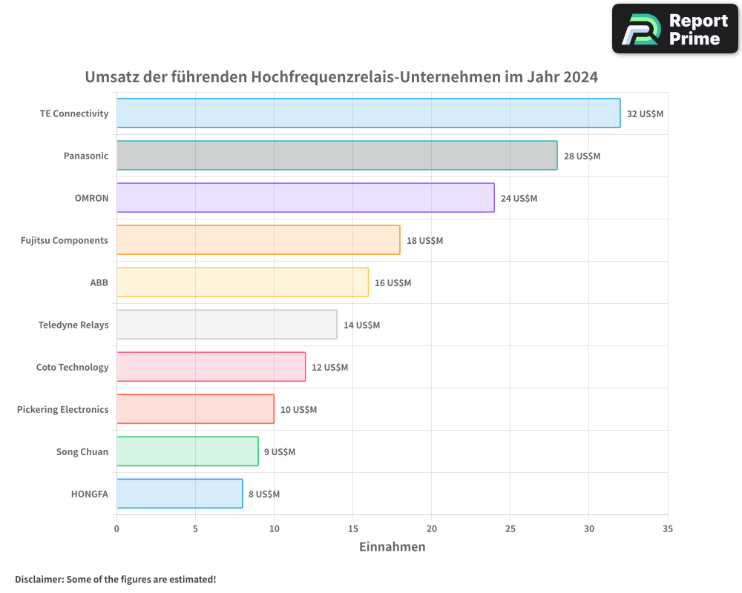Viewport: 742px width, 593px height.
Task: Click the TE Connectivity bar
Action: coord(368,113)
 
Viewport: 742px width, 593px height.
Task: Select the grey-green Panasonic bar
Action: coord(337,156)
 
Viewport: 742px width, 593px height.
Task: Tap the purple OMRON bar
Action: coord(305,198)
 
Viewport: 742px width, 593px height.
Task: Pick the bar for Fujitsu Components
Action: coord(258,240)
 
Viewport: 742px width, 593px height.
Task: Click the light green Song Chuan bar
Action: coord(187,451)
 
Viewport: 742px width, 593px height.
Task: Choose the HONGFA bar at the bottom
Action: coord(180,494)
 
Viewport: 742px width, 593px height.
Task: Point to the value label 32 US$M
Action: coord(645,114)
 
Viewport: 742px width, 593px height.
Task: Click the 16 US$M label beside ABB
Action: coord(393,283)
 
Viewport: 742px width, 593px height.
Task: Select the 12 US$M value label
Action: coord(329,368)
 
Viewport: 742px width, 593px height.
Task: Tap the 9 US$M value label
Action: coord(280,452)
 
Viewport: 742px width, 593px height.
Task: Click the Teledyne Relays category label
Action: coord(73,325)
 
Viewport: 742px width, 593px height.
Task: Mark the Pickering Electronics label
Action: coord(63,409)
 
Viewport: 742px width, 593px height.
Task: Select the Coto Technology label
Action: coord(73,367)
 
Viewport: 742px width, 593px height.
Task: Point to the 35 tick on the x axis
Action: coord(667,529)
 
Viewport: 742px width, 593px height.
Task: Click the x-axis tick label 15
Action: coord(352,529)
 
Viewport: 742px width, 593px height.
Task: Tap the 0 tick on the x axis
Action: coord(116,529)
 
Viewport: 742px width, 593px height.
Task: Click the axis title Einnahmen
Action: coord(392,547)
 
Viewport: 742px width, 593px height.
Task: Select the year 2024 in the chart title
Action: coord(580,77)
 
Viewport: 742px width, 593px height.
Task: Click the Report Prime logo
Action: coord(675,29)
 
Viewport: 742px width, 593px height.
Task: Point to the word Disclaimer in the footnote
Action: coord(39,579)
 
